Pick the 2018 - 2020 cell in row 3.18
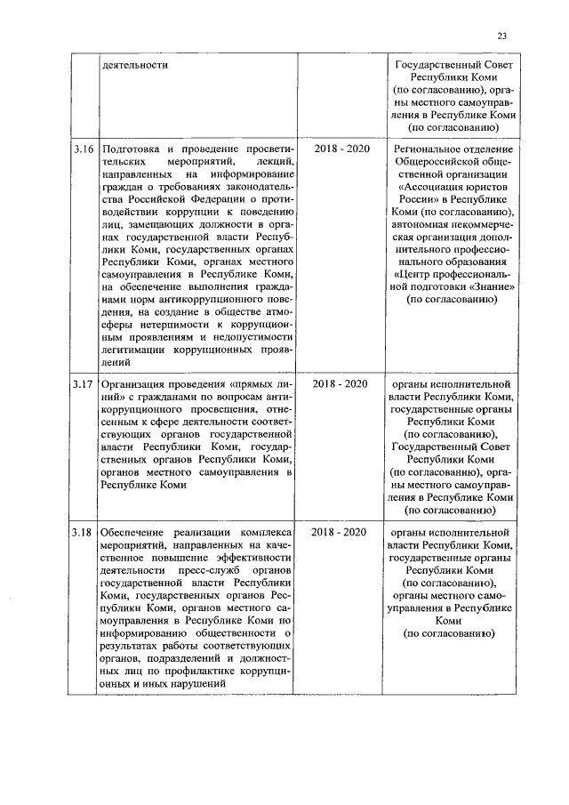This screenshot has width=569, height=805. coord(340,532)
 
